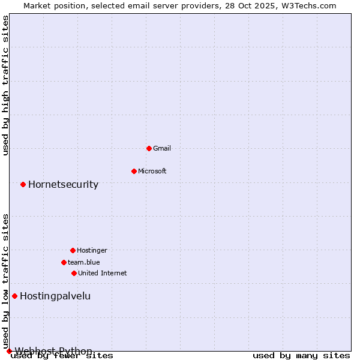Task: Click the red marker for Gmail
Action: [149, 148]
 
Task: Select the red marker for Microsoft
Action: [134, 171]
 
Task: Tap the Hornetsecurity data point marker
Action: [23, 184]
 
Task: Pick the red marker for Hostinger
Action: [73, 250]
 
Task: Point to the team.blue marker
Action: [64, 262]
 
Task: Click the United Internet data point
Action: [74, 273]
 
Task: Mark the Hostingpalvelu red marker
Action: [14, 296]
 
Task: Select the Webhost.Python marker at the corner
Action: [9, 351]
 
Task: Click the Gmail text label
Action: [162, 148]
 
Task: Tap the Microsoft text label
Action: [152, 171]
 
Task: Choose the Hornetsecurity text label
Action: [63, 184]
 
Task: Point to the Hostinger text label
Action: [92, 250]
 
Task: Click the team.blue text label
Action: [84, 262]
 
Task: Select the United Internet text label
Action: [103, 273]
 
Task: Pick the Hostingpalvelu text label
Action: [55, 296]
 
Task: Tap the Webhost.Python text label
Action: [53, 351]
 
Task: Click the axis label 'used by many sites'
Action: [301, 356]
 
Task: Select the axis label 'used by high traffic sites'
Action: [6, 85]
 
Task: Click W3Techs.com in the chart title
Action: [308, 5]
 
